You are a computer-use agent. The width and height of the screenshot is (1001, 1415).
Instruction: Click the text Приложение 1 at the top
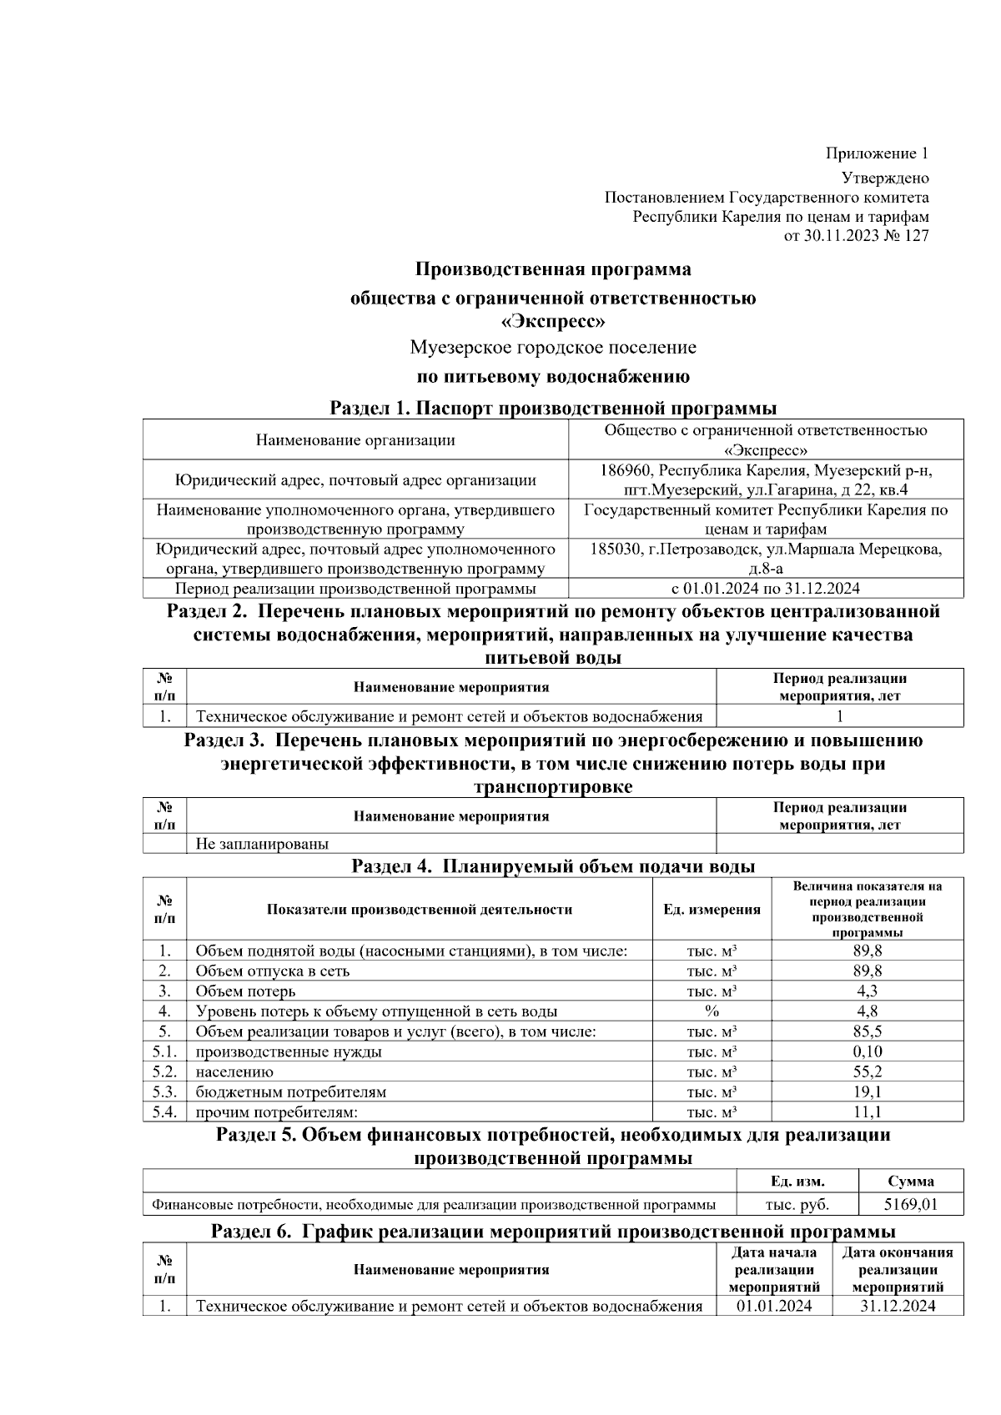tap(877, 153)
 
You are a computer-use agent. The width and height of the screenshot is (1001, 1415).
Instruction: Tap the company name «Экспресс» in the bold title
tap(552, 321)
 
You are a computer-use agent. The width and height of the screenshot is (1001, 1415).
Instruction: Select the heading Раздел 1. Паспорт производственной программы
tap(553, 408)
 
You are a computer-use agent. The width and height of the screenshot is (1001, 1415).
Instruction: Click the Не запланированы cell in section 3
tap(262, 843)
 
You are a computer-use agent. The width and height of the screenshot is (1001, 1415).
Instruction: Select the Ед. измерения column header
tap(712, 909)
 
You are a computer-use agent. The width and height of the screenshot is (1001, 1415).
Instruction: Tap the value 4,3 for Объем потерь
tap(867, 991)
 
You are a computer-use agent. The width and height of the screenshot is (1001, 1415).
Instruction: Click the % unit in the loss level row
tap(712, 1011)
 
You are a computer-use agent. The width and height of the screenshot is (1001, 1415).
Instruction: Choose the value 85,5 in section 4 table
tap(867, 1031)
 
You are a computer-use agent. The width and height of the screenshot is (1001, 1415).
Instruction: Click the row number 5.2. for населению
tap(164, 1071)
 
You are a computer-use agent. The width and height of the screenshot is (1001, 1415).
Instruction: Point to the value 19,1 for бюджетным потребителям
tap(867, 1091)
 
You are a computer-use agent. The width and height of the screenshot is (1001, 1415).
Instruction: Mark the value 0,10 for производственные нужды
tap(867, 1051)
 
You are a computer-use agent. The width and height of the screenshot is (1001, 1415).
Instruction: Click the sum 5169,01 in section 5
tap(910, 1204)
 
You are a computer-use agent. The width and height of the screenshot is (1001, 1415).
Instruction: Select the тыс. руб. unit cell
tap(797, 1204)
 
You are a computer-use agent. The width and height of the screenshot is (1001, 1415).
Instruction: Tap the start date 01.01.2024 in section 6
tap(774, 1306)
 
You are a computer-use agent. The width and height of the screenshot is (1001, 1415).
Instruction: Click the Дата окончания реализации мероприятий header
tap(898, 1269)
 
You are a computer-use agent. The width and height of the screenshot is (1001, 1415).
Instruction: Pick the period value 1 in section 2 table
tap(839, 716)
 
